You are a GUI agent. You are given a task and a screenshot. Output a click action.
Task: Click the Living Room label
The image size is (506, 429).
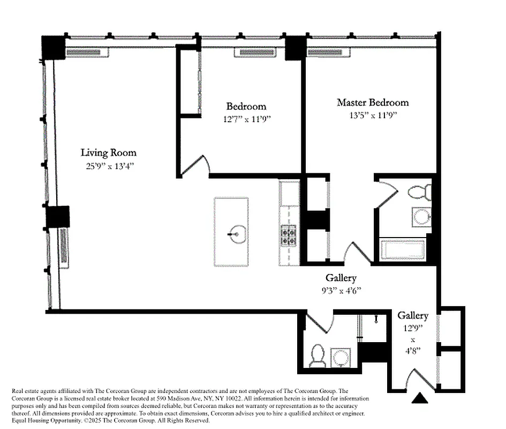point(108,153)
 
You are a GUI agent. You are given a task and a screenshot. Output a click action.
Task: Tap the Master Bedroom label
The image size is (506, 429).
point(372,102)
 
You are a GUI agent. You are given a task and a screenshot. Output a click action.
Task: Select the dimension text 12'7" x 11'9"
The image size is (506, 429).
point(246,119)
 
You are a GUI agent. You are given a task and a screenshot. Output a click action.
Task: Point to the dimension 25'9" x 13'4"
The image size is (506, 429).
point(108,166)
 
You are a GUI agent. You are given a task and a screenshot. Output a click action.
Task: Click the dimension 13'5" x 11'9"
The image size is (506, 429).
point(372,115)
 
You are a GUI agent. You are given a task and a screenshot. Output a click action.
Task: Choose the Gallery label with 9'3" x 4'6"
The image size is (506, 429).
point(341,278)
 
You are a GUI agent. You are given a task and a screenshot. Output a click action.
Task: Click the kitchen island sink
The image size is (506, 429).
point(236,234)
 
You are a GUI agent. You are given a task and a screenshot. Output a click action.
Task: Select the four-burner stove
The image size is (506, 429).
point(289,235)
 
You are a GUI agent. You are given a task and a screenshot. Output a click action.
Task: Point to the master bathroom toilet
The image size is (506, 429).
point(419,192)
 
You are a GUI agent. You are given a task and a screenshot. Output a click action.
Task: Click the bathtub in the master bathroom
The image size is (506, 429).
point(402,250)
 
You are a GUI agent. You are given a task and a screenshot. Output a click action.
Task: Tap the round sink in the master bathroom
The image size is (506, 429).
point(422,217)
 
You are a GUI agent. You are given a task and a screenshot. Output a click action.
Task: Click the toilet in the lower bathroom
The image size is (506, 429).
point(318,356)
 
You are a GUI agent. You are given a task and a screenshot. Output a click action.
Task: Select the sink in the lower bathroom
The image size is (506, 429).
point(341,357)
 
